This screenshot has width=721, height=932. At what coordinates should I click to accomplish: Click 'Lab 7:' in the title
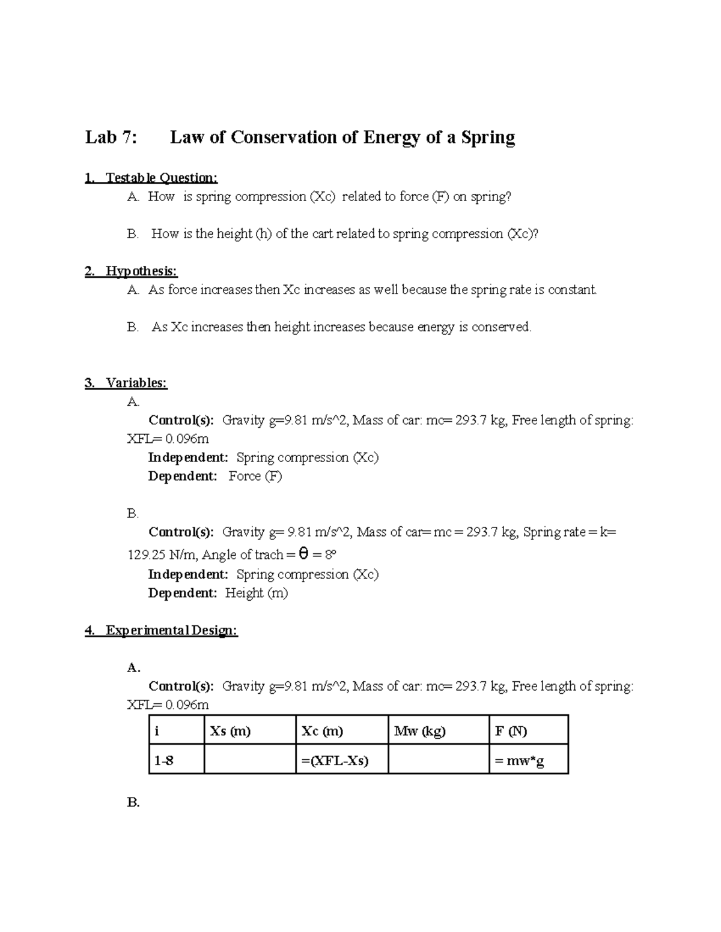click(x=111, y=137)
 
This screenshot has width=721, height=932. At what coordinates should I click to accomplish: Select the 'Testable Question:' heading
click(x=161, y=178)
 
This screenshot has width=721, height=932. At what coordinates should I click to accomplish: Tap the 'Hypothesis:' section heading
click(x=141, y=271)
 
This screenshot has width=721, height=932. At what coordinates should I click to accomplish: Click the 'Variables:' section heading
click(x=136, y=383)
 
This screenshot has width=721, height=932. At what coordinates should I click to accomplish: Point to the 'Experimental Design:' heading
click(x=171, y=630)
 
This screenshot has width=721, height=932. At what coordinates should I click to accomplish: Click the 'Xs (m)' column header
click(x=230, y=731)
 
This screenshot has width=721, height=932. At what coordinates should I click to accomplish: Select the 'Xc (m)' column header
click(x=323, y=731)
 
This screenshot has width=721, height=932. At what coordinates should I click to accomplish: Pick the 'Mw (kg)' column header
click(x=420, y=731)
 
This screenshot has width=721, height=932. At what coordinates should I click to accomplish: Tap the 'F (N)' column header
click(x=511, y=731)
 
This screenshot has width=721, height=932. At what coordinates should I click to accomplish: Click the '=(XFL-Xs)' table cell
click(x=335, y=760)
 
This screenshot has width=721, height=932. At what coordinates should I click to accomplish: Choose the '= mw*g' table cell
click(x=519, y=760)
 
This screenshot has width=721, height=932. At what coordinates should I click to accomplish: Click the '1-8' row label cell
click(x=164, y=760)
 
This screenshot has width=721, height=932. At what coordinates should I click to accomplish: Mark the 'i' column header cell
click(x=157, y=731)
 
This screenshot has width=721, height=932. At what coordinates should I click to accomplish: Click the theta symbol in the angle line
click(x=303, y=554)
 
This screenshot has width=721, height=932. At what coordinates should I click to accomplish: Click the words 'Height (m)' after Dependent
click(x=257, y=593)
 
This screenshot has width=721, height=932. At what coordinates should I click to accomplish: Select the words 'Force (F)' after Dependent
click(x=255, y=476)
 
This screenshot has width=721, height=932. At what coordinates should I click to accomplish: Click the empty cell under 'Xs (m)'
click(x=250, y=760)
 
